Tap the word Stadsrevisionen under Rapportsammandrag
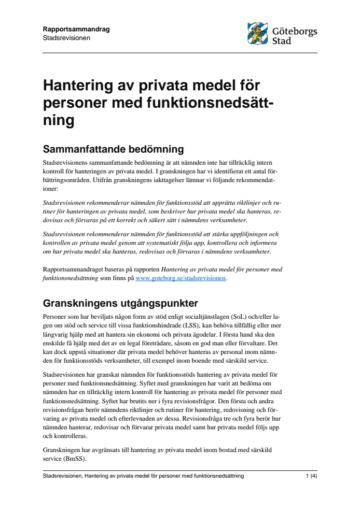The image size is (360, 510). (67, 37)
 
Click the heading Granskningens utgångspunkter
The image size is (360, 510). (120, 303)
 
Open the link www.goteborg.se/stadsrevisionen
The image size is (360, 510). (180, 278)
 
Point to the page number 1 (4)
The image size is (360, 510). (311, 476)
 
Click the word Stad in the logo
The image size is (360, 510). (282, 42)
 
